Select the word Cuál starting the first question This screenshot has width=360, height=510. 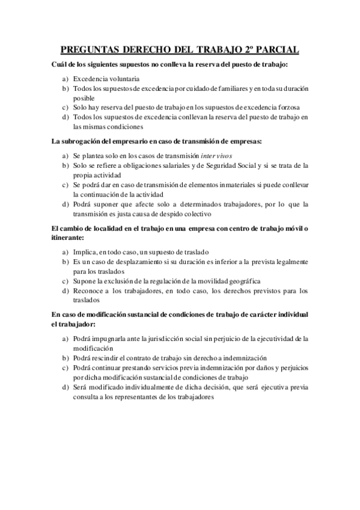(61, 64)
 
